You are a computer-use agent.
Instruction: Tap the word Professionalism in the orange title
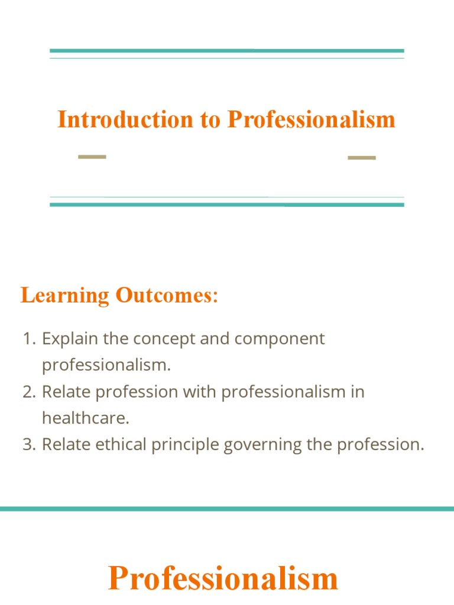point(312,119)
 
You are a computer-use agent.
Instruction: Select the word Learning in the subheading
point(65,295)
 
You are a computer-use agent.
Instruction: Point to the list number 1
point(28,339)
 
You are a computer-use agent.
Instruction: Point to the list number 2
point(28,392)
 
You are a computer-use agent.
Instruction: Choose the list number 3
point(28,444)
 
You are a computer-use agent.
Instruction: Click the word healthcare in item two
point(85,418)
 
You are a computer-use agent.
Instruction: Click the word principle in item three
point(186,445)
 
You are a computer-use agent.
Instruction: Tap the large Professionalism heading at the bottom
point(223,578)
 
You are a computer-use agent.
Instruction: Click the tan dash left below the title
point(92,157)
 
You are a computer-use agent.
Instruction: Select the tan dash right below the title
point(362,157)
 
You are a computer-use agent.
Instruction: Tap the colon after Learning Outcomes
point(215,296)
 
